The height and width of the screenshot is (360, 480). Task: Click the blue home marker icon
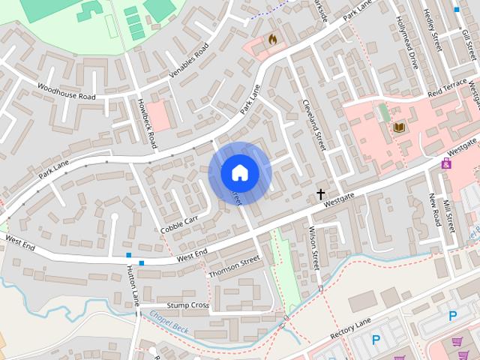point(239,172)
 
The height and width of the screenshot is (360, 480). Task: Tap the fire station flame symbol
point(272,38)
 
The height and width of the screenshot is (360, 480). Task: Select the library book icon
point(398,127)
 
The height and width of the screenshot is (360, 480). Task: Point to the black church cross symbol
point(321,194)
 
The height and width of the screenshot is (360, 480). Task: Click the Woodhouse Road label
point(67,92)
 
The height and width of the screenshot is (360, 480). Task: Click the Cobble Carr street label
point(179,224)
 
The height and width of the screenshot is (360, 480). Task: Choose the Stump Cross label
point(187,305)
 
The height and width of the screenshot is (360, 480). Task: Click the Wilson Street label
point(314,250)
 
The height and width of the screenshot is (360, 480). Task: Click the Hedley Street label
point(433,30)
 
